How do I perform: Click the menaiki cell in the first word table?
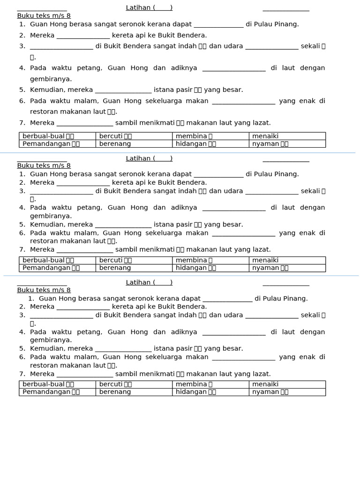tap(287, 136)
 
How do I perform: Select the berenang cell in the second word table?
tap(134, 268)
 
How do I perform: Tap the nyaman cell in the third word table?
tap(287, 392)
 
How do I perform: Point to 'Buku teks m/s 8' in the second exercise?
tap(44, 165)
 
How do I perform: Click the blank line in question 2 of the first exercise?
tap(83, 36)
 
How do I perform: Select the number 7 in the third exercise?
tap(22, 374)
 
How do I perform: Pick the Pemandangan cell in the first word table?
tap(57, 144)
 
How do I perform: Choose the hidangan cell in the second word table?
tap(210, 268)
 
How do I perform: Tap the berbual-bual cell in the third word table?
tap(57, 384)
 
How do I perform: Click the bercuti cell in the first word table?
tap(134, 136)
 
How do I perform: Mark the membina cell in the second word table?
tap(210, 260)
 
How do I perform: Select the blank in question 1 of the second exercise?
tap(218, 174)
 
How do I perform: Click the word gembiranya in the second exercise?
tap(51, 216)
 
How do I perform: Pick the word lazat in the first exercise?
tap(261, 123)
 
